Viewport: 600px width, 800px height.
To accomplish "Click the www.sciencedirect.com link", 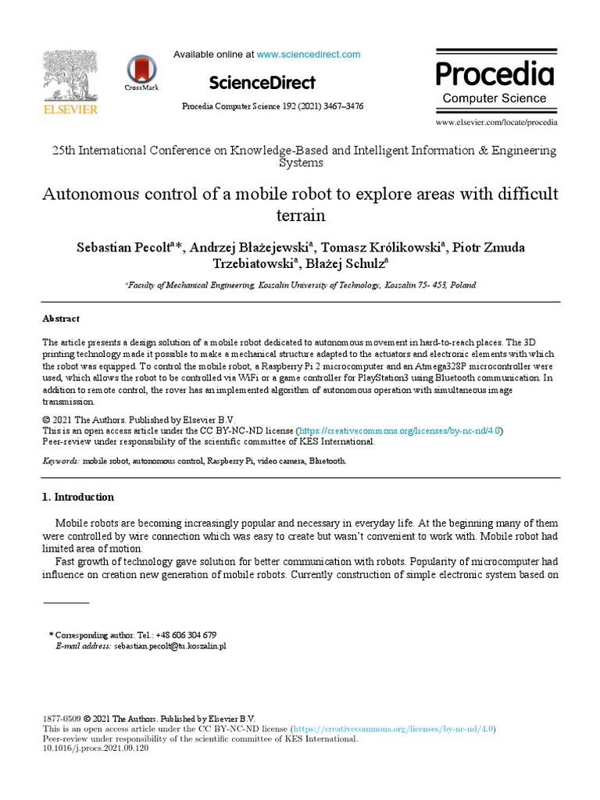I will [x=309, y=55].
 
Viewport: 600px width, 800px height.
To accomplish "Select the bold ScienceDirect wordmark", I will [x=262, y=83].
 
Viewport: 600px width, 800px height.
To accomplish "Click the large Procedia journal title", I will [x=495, y=73].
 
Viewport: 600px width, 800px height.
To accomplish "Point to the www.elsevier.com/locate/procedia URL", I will [x=496, y=123].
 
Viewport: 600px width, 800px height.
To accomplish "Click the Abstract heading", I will [x=60, y=319].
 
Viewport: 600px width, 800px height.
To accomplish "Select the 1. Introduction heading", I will [x=77, y=497].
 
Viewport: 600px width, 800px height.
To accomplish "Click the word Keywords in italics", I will [x=59, y=462].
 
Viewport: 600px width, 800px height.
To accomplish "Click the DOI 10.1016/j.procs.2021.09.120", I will [x=95, y=748].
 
